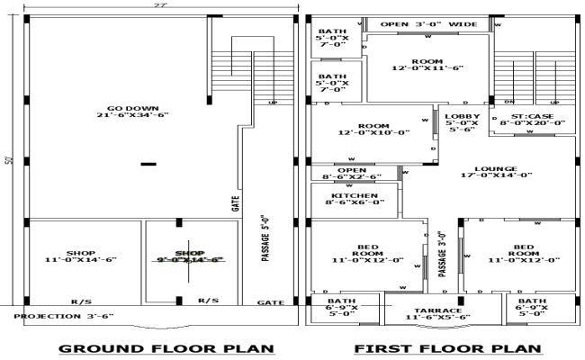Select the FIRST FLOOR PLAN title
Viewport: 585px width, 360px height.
click(x=448, y=348)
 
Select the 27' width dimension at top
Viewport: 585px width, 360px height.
click(x=159, y=5)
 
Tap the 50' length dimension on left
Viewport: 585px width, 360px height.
click(x=8, y=161)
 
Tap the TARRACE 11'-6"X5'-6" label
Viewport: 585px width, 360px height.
click(x=438, y=313)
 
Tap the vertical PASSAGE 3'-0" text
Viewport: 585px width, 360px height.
click(x=442, y=256)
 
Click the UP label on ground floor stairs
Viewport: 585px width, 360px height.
click(x=273, y=103)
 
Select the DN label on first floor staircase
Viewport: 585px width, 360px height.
click(x=508, y=102)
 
